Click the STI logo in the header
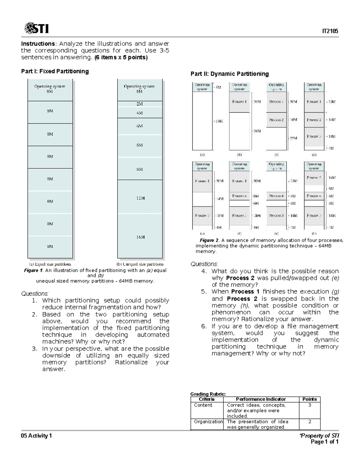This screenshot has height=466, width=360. point(36,28)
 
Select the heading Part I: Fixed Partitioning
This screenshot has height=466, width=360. point(55,71)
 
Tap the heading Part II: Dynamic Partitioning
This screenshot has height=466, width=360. point(229,74)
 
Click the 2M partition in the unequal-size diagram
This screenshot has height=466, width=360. point(140,104)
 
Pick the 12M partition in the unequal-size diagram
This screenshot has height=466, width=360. point(140,198)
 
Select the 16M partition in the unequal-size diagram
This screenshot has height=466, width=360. point(140,237)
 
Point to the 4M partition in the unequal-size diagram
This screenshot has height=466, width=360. point(140,113)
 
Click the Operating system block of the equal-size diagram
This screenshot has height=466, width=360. point(50,89)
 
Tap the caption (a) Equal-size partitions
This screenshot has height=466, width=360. point(50,264)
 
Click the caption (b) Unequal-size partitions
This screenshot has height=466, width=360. point(140,264)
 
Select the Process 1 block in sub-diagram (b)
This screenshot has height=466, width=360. point(239,102)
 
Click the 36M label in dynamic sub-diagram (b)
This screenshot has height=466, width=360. point(257,131)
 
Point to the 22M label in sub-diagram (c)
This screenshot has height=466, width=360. point(293,138)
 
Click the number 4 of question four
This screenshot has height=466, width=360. point(204,271)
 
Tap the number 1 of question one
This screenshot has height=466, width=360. point(34,301)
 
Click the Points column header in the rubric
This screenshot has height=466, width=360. point(310,399)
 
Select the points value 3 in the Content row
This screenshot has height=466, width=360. point(310,405)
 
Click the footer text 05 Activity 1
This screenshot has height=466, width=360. point(36,436)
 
